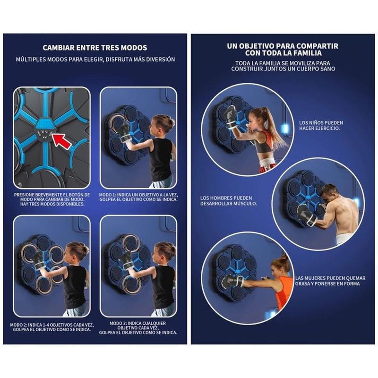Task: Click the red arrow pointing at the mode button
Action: pos(62,141)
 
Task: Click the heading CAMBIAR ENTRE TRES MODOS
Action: pos(95,48)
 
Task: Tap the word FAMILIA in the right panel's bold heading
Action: pos(305,53)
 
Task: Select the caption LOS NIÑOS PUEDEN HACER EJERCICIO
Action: pos(321,126)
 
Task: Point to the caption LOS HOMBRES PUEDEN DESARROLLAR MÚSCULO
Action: pos(229,201)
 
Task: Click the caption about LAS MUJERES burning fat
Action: pos(330,281)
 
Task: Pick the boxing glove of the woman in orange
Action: pos(232,281)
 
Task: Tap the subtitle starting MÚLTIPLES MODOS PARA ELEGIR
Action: pos(95,60)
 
